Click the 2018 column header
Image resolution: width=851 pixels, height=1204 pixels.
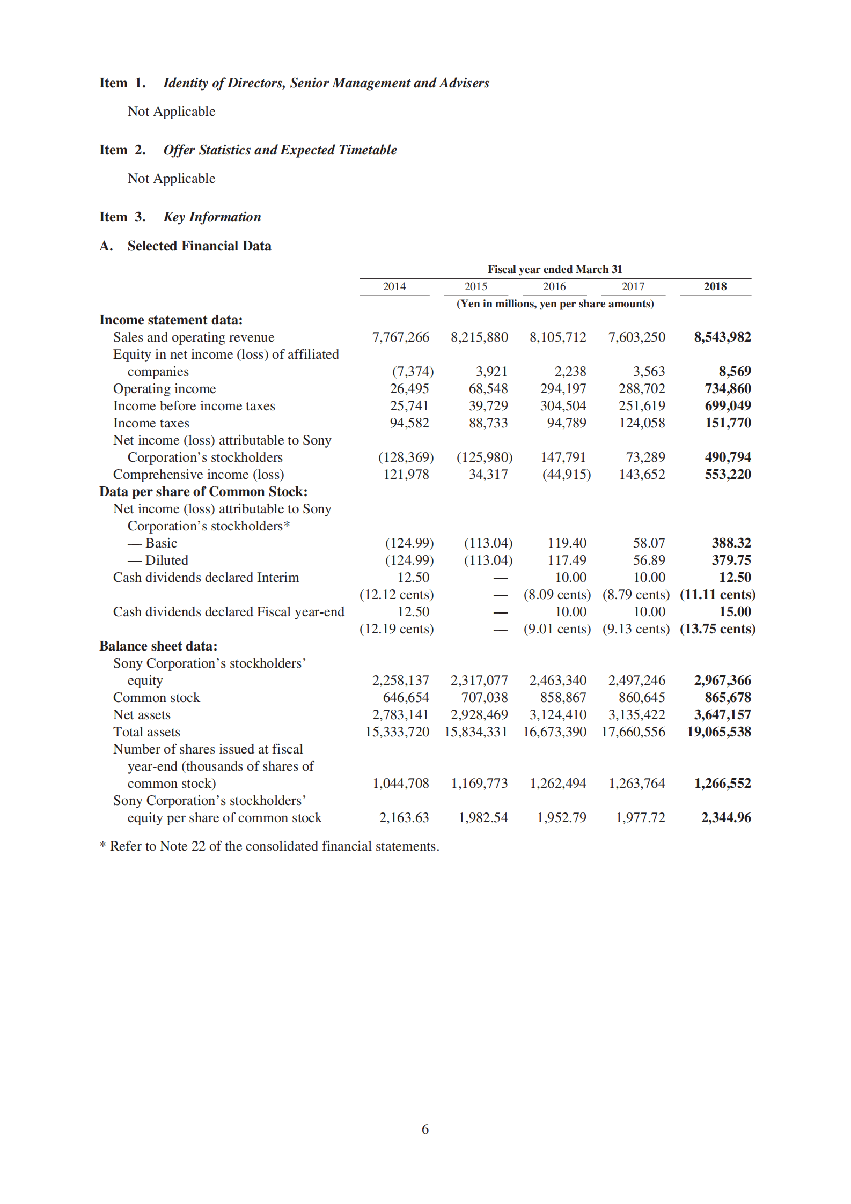pyautogui.click(x=715, y=286)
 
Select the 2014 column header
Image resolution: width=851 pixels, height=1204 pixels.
pyautogui.click(x=394, y=286)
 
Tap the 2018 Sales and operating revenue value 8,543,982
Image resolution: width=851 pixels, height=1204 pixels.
pyautogui.click(x=722, y=337)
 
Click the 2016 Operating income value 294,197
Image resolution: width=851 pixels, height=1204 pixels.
pyautogui.click(x=563, y=388)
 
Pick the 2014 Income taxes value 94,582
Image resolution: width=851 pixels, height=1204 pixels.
pyautogui.click(x=409, y=423)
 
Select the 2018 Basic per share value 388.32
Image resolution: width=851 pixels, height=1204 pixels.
pyautogui.click(x=731, y=543)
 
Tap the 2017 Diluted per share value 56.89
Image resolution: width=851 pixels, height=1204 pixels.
pyautogui.click(x=649, y=560)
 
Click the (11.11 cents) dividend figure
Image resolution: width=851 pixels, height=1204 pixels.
pyautogui.click(x=717, y=594)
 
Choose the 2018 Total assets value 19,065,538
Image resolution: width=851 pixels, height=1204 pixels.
pyautogui.click(x=718, y=732)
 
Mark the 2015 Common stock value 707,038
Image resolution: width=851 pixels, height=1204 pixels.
pyautogui.click(x=485, y=697)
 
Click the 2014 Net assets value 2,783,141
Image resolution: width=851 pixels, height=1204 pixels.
pyautogui.click(x=400, y=714)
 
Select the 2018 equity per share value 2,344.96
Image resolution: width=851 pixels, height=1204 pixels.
pyautogui.click(x=725, y=817)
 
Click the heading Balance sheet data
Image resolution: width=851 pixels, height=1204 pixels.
pyautogui.click(x=158, y=646)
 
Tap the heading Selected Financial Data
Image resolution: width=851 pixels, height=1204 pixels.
pyautogui.click(x=199, y=246)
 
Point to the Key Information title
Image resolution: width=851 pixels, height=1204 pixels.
pyautogui.click(x=212, y=217)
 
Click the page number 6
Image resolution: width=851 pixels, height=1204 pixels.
pyautogui.click(x=425, y=1129)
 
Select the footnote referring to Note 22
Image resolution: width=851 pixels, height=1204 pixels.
pyautogui.click(x=269, y=846)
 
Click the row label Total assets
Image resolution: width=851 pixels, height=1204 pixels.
pyautogui.click(x=146, y=732)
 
